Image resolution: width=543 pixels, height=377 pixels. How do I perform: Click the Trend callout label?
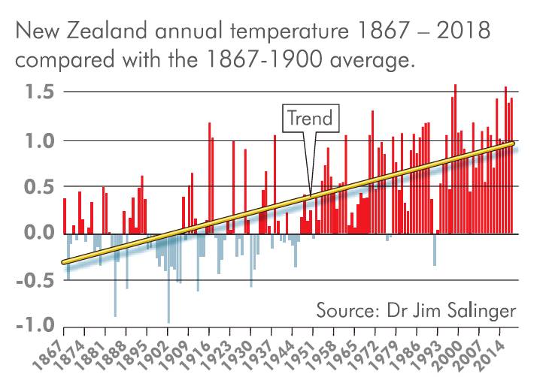point(311,119)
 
